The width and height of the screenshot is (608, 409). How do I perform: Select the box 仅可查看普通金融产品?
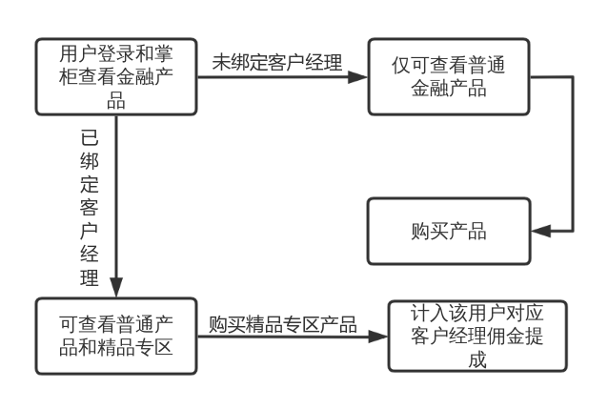tap(448, 77)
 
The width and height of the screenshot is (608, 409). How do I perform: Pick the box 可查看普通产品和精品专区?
tap(116, 335)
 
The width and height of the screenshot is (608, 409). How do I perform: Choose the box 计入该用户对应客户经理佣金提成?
tap(476, 336)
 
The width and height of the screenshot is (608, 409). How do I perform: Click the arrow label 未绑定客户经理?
tap(276, 62)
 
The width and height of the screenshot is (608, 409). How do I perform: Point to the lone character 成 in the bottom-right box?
tap(476, 359)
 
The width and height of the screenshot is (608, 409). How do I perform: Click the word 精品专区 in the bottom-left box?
tap(138, 346)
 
